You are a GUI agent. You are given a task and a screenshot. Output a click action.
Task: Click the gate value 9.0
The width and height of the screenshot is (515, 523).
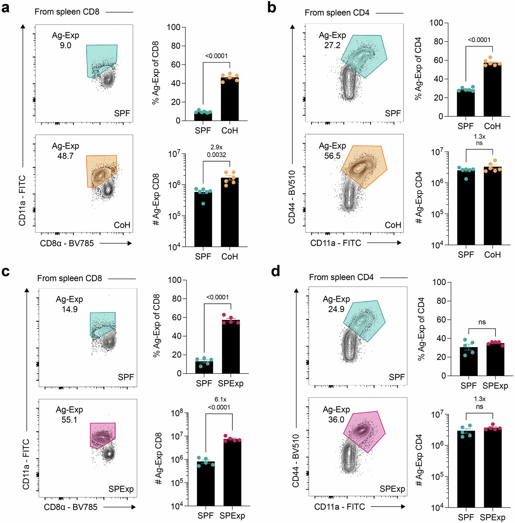tap(65, 45)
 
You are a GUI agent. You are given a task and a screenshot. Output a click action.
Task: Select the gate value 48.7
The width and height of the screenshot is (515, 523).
tap(65, 156)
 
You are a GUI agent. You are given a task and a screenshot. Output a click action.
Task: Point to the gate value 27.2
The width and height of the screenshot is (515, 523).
tap(332, 45)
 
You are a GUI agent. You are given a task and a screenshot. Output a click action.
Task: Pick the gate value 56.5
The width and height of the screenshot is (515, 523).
tap(332, 156)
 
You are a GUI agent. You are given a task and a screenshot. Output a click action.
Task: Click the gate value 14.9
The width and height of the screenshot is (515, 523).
tap(69, 309)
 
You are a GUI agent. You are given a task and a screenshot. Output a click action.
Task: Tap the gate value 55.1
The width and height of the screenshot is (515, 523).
tap(69, 420)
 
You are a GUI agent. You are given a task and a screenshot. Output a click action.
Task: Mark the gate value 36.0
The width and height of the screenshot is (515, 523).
tap(336, 420)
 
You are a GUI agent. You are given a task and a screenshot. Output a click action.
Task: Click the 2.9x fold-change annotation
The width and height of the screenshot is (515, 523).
tap(216, 147)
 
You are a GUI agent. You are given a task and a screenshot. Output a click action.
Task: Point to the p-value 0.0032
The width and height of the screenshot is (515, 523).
tap(216, 155)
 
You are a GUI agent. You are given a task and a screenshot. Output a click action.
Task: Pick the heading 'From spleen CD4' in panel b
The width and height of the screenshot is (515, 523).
tap(337, 13)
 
